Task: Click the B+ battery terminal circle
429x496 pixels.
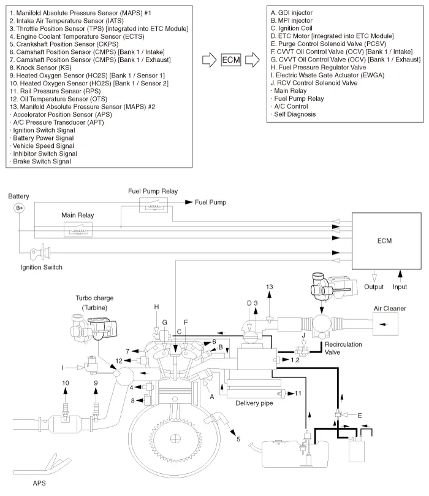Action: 19,208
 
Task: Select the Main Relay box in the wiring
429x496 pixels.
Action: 78,230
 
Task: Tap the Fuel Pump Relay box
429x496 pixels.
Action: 154,205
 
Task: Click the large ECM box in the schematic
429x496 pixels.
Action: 386,241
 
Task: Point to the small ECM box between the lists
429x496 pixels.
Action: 231,60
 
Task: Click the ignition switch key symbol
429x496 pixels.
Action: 40,252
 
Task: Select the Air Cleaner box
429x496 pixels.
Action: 385,324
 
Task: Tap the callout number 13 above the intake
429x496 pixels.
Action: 269,287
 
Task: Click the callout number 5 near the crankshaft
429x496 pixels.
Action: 238,439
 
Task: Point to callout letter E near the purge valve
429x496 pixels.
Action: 360,416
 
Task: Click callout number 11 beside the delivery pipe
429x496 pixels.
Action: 298,393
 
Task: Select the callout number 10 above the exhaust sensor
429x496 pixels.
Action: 66,383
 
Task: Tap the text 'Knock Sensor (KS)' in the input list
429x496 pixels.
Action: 44,68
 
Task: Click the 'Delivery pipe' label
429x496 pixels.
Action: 254,403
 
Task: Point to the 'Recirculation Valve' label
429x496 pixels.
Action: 343,348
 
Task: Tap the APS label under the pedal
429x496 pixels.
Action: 39,483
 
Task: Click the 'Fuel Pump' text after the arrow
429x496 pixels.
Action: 210,202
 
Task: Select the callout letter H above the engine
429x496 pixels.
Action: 156,307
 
